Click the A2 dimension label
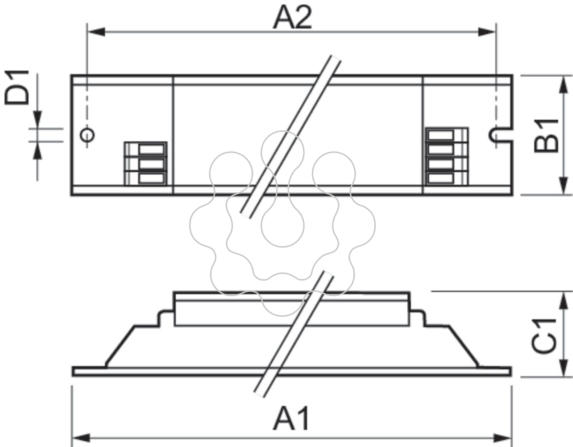point(292,17)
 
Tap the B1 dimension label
point(546,136)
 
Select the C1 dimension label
point(544,336)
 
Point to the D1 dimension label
point(17,87)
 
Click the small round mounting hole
point(87,135)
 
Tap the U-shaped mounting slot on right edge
point(500,135)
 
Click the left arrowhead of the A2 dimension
point(96,32)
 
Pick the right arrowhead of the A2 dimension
point(487,32)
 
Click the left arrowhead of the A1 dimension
point(81,438)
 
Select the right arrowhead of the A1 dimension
point(502,438)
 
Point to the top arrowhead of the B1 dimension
point(563,84)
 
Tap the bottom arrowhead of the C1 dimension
point(563,368)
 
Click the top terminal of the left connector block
point(152,150)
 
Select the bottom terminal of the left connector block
point(152,178)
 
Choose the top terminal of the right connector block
point(441,135)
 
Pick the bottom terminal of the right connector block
point(441,178)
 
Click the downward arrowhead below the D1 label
point(37,120)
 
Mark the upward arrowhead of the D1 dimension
point(37,151)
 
